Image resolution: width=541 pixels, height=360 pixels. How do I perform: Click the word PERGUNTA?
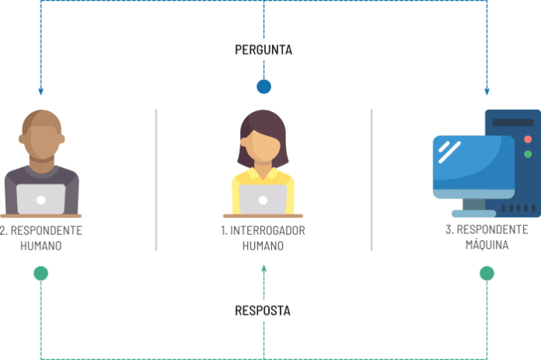point(264,50)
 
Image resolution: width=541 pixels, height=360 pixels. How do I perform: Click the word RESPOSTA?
point(263,310)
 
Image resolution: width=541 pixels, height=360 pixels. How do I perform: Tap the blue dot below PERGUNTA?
point(264,86)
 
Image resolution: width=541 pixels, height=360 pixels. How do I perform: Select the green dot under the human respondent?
point(41,273)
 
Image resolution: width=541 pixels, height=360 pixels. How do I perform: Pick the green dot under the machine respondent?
point(487,273)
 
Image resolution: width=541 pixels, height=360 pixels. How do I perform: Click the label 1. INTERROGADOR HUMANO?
point(263,238)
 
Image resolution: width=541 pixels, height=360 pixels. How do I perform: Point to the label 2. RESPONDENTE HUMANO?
point(41,238)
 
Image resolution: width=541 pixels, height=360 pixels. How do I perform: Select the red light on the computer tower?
point(528,139)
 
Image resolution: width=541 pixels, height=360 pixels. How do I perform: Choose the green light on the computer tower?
point(528,155)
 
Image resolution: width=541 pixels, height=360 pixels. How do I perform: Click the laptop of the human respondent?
point(41,199)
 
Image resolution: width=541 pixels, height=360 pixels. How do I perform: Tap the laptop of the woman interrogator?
point(263,199)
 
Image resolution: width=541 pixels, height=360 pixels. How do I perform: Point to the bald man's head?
point(41,132)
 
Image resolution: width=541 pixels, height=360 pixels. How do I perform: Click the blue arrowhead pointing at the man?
point(41,91)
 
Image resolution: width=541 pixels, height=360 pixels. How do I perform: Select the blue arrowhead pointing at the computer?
point(487,91)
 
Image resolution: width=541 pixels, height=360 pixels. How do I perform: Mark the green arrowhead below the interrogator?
point(264,268)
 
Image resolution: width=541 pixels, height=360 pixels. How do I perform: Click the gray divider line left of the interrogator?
point(156,179)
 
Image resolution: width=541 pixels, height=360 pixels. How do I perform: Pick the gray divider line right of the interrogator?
point(371,179)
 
